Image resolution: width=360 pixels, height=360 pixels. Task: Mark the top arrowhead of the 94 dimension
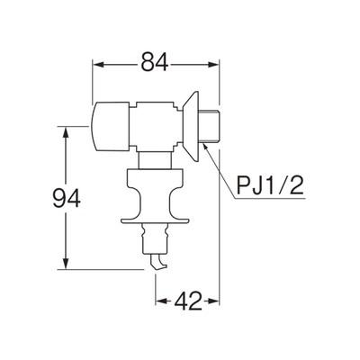[64, 130]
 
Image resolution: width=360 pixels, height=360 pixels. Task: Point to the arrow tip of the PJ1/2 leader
[205, 143]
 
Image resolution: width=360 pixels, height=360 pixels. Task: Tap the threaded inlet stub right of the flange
[210, 121]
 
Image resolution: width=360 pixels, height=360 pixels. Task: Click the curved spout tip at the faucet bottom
[158, 264]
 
